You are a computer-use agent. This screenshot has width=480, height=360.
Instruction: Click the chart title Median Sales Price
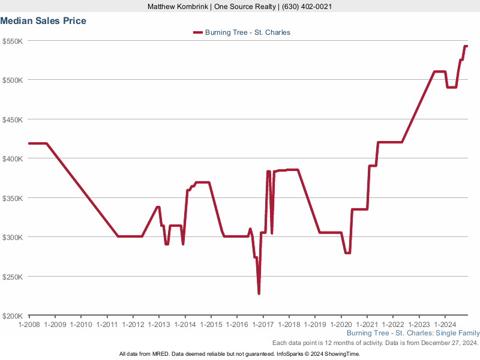coord(43,21)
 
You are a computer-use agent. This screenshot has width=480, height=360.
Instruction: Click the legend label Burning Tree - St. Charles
coord(248,32)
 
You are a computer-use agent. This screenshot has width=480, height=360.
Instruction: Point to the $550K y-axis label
coord(13,41)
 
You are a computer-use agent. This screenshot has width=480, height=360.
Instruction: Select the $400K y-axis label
coord(13,158)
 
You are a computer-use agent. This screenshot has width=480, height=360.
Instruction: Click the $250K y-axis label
coord(13,277)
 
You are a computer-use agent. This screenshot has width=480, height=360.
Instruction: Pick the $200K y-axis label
coord(13,316)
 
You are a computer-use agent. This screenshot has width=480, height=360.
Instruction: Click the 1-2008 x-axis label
coord(29,325)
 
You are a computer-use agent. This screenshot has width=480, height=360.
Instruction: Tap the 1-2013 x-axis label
coord(158,325)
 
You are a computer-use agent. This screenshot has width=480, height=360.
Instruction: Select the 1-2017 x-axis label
coord(262,325)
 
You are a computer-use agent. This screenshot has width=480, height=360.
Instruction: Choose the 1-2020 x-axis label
coord(340,325)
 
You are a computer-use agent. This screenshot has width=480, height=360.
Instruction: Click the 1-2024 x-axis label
coord(444,325)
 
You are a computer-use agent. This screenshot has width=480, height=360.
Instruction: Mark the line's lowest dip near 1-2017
coord(259,293)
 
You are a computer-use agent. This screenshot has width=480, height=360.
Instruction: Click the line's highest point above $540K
coord(466,46)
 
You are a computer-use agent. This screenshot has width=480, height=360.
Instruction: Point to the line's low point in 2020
coord(347,253)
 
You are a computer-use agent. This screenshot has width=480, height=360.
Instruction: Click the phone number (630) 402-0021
coord(305,7)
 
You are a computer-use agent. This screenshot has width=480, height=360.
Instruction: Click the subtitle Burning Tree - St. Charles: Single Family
coord(413,333)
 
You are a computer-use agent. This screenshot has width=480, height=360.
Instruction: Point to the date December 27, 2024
coord(447,343)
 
